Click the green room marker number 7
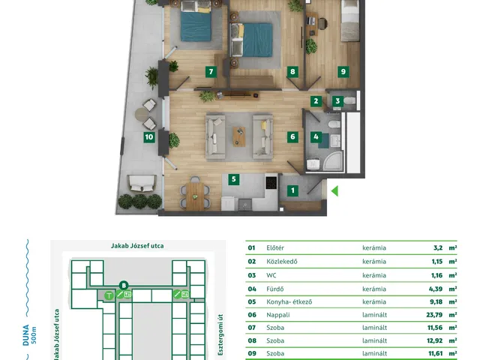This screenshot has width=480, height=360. (x=211, y=72)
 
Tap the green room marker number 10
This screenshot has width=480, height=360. (x=149, y=136)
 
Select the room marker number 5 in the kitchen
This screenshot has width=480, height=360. (x=234, y=179)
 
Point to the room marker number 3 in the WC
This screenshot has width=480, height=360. (x=337, y=101)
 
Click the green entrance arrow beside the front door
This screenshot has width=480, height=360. (x=334, y=191)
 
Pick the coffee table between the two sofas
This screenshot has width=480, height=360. (x=239, y=136)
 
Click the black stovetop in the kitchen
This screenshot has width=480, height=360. (x=271, y=183)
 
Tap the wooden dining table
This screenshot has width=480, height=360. (x=195, y=196)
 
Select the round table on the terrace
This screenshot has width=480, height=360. (x=142, y=115)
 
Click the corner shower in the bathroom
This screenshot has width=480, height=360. (x=333, y=162)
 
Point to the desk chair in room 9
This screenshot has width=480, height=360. (x=322, y=23)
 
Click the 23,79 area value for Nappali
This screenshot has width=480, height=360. (x=434, y=315)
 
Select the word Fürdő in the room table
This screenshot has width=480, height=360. (x=275, y=289)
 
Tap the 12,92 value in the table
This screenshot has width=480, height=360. (x=435, y=340)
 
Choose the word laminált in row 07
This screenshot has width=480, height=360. (x=375, y=328)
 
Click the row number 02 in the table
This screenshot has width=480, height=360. (x=252, y=262)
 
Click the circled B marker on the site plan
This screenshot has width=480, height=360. (x=124, y=286)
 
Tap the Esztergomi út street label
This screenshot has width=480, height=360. (x=220, y=334)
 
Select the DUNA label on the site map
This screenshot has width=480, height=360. (x=26, y=335)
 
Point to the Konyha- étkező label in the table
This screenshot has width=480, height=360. (x=289, y=301)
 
